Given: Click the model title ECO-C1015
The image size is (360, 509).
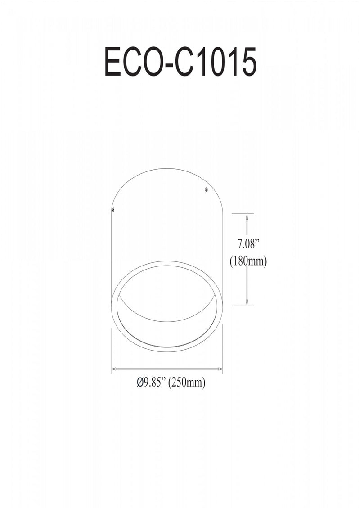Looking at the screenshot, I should tap(180, 62).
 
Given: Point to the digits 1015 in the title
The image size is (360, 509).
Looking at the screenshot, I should tap(228, 62).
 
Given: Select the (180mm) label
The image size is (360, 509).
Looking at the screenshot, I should tap(248, 261).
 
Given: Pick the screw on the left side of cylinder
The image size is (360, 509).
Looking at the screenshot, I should tap(113, 209).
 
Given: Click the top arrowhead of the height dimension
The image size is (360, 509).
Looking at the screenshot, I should tap(247, 217).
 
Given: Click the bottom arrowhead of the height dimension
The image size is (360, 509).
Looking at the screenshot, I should tap(247, 302).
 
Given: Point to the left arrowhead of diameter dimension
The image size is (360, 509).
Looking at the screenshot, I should tap(114, 369).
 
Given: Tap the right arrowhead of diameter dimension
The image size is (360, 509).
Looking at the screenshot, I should tap(220, 369).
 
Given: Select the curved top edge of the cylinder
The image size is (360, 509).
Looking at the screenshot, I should tap(167, 169).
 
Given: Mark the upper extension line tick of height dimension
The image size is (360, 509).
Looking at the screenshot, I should tap(243, 213).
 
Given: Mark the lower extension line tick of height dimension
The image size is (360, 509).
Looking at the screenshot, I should tap(243, 306).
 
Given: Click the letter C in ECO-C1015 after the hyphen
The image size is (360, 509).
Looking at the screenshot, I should tap(187, 62).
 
